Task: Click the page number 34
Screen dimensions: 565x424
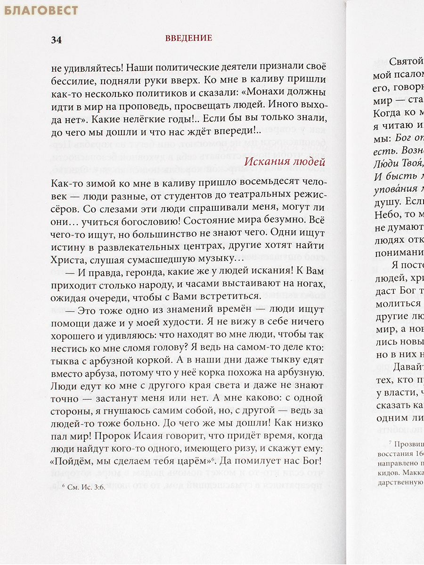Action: click(57, 40)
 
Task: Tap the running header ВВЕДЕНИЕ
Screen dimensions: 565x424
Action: click(188, 38)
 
